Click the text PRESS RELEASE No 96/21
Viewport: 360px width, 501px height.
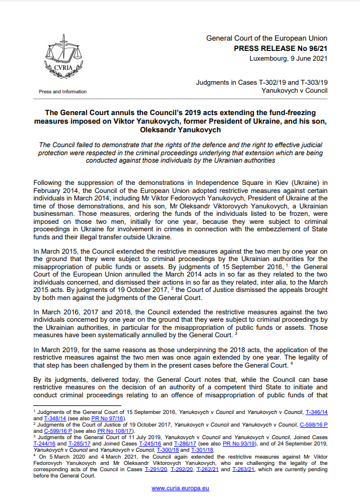click(280, 49)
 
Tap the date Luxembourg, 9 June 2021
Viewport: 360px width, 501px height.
click(288, 59)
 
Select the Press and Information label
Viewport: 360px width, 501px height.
click(63, 92)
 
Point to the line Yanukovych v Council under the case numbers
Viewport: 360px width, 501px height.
click(294, 91)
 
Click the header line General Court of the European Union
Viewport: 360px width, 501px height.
click(267, 38)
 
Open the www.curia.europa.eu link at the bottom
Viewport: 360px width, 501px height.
click(180, 488)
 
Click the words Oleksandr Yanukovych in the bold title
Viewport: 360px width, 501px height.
click(180, 130)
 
